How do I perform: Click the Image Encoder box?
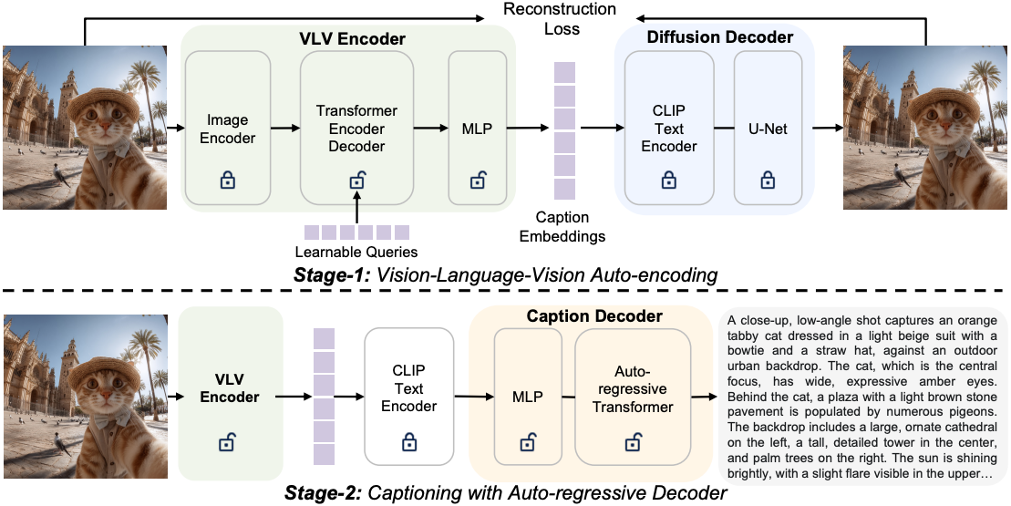point(227,129)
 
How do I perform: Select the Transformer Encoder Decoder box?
point(356,129)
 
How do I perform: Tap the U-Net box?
point(768,129)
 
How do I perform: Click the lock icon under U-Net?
point(768,180)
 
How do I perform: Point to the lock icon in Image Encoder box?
point(227,181)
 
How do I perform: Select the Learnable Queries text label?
point(356,252)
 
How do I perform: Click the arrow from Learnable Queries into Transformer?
point(356,209)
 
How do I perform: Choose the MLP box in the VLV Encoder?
point(477,129)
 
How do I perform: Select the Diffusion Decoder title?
point(719,37)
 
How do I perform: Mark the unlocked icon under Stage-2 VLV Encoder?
point(230,443)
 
